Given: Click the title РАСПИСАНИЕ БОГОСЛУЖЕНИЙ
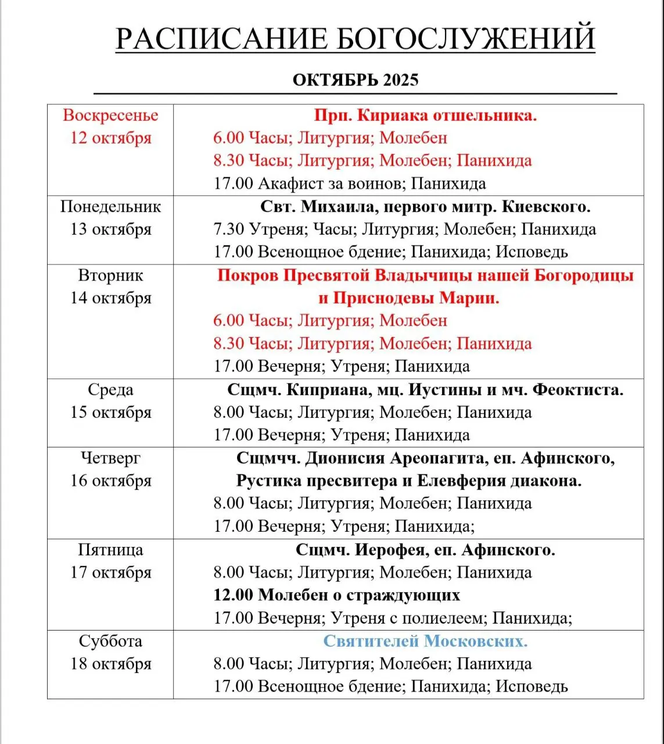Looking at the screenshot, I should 355,39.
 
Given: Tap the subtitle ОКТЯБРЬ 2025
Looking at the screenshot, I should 355,80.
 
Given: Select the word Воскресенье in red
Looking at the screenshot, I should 110,115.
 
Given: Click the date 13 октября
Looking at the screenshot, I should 110,229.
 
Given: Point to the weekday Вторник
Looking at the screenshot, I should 110,275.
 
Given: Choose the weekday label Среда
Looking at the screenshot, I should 110,389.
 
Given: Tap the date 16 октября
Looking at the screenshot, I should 110,481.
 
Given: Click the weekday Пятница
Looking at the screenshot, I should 110,549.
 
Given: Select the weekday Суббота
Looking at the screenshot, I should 110,641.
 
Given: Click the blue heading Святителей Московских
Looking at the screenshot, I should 425,641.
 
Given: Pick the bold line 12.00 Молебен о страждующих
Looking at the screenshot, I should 336,595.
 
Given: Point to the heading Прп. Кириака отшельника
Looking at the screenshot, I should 425,115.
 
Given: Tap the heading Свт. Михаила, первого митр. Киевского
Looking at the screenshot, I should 425,206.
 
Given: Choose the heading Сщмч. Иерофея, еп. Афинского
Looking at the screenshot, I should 425,549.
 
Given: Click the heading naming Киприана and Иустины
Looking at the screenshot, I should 425,389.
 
